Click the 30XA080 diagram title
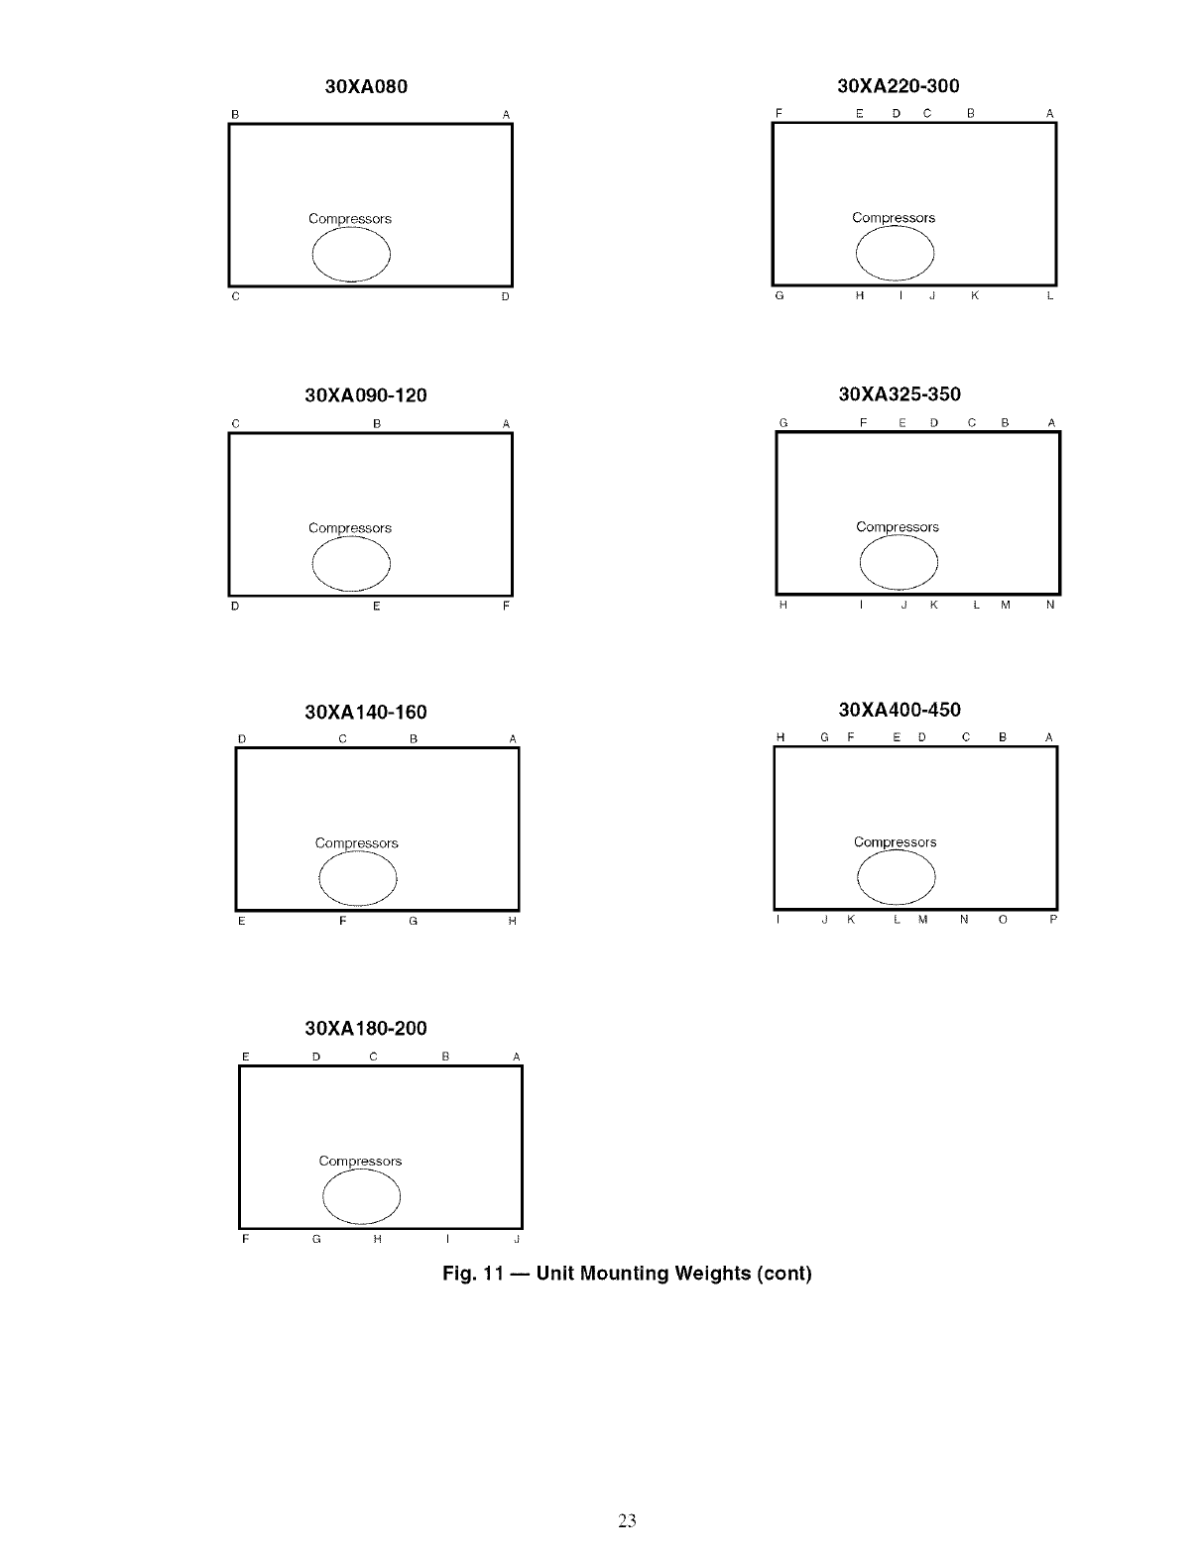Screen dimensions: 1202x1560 coord(366,86)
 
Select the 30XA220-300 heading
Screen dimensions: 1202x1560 coord(899,86)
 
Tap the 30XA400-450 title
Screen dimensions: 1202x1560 coord(900,710)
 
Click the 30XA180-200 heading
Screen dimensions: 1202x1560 coord(366,1028)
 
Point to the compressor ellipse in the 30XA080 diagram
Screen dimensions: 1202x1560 coord(351,255)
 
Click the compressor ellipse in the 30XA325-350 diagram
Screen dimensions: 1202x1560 coord(899,564)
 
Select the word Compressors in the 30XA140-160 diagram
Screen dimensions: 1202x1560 coord(356,843)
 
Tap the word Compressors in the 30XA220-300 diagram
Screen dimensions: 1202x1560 coord(894,218)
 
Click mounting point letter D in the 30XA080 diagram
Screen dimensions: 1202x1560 coord(505,296)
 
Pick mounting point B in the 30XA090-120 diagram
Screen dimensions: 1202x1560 coord(377,424)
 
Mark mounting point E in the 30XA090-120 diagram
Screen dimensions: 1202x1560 coord(377,606)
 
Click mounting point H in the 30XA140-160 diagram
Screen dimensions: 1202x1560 coord(512,922)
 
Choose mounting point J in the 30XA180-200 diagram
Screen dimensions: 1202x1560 coord(517,1240)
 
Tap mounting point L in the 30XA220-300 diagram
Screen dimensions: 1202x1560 coord(1049,295)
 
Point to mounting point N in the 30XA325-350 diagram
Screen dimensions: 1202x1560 coord(1050,605)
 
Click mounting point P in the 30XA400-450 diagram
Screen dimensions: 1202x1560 coord(1053,920)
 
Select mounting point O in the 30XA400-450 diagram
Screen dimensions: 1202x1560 coord(1003,920)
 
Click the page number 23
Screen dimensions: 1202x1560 coord(627,1520)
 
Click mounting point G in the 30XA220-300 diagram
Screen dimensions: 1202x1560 coord(780,295)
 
